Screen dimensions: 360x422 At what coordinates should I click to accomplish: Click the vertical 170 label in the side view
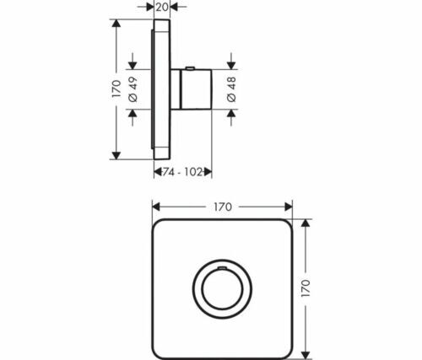(x=116, y=89)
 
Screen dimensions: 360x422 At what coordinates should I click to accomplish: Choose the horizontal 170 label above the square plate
(x=223, y=206)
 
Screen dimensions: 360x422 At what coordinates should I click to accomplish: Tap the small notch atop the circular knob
(x=222, y=268)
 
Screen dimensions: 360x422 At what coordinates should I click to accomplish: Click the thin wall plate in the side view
(x=158, y=89)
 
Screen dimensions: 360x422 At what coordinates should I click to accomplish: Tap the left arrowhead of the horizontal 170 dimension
(x=156, y=206)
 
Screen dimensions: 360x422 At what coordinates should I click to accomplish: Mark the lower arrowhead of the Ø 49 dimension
(x=133, y=112)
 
